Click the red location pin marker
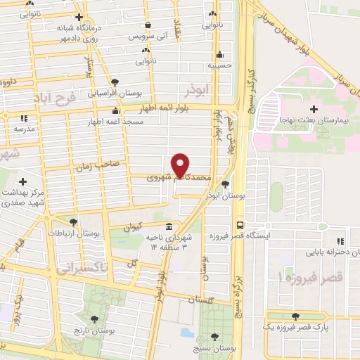click(x=181, y=164)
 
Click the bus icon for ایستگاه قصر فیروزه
click(x=240, y=226)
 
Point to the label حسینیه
click(x=220, y=64)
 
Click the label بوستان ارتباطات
click(x=74, y=233)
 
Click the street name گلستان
click(x=200, y=300)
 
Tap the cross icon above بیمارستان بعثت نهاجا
click(x=314, y=109)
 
